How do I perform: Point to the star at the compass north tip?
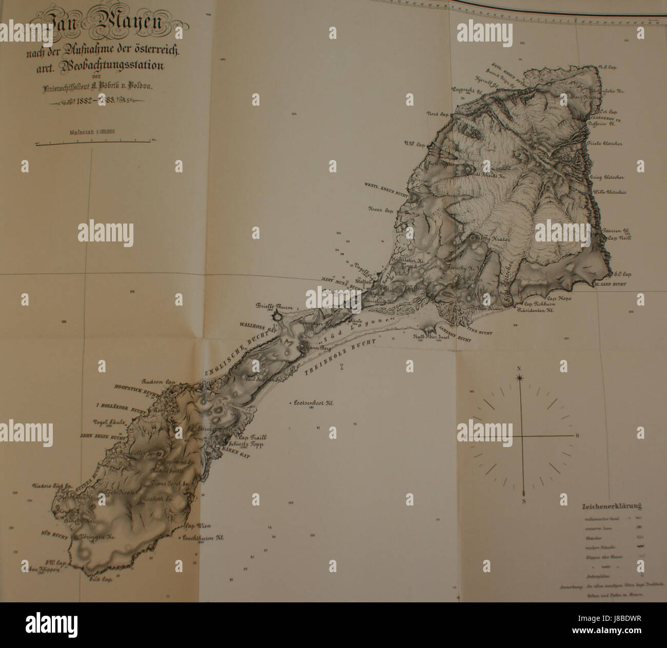pyautogui.click(x=520, y=378)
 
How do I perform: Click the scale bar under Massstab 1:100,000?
pyautogui.click(x=92, y=141)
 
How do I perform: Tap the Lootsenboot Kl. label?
pyautogui.click(x=313, y=403)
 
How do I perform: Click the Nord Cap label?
pyautogui.click(x=436, y=114)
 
